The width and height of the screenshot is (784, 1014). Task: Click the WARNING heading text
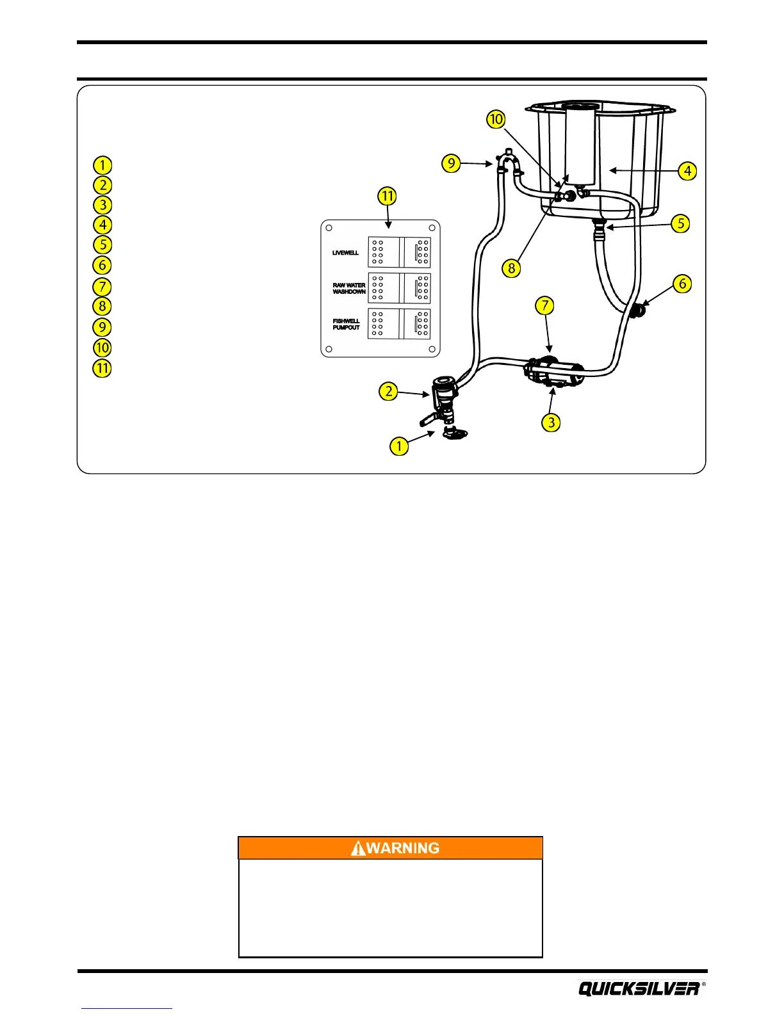(403, 848)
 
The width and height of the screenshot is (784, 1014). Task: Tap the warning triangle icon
(358, 849)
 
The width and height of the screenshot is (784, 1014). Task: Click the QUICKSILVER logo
(639, 988)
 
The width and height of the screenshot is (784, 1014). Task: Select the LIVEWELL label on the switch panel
(345, 253)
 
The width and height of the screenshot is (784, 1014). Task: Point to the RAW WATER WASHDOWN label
(349, 289)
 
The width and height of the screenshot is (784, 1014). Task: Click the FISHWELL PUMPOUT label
(347, 325)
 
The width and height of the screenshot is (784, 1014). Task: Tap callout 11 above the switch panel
(387, 196)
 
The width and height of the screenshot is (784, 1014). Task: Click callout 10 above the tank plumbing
(496, 119)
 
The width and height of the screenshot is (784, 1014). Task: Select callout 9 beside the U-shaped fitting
(452, 163)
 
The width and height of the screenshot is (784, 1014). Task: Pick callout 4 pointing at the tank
(687, 171)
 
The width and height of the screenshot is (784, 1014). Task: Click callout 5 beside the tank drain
(680, 223)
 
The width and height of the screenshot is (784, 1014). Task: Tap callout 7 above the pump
(545, 305)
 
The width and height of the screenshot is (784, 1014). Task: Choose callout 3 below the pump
(551, 422)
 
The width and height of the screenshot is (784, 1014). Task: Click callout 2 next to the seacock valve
(389, 391)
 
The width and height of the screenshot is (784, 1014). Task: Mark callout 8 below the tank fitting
(511, 268)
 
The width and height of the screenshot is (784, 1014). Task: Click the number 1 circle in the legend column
(102, 165)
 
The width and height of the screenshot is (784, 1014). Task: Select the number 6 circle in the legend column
(102, 265)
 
